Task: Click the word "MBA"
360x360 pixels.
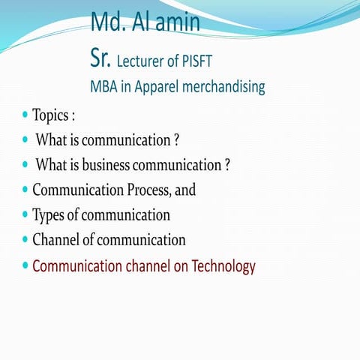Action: pyautogui.click(x=104, y=87)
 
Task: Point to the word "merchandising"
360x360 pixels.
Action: pyautogui.click(x=221, y=88)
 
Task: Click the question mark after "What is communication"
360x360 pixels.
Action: pyautogui.click(x=175, y=140)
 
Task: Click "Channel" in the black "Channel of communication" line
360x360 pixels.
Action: pyautogui.click(x=57, y=240)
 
